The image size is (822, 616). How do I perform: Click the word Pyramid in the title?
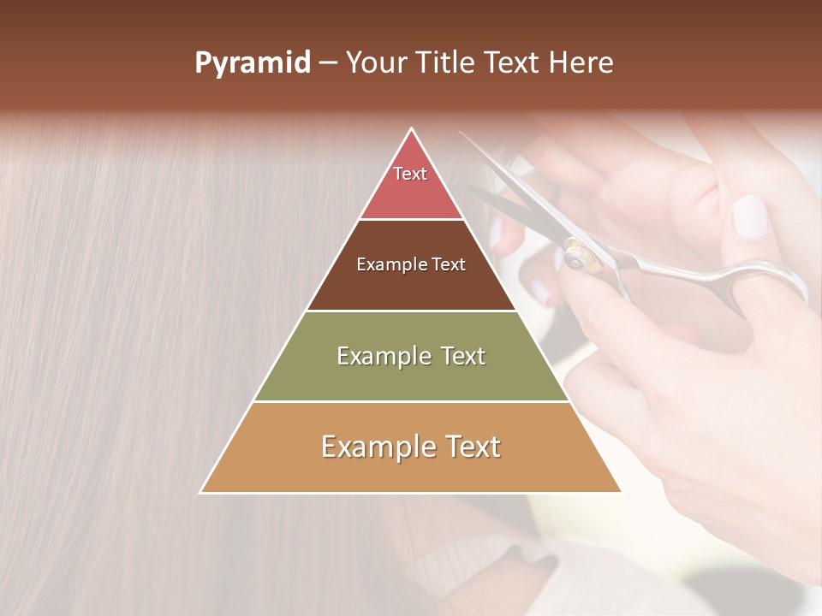252,63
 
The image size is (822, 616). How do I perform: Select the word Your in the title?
378,63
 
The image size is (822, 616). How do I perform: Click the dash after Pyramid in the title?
327,63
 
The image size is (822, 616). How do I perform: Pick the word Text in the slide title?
514,63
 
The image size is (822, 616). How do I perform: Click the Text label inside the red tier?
410,174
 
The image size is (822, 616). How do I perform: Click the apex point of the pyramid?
412,129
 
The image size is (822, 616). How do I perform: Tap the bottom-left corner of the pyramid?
201,492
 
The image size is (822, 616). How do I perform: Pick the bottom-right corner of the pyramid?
621,492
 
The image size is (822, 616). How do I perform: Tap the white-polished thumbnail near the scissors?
752,216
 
